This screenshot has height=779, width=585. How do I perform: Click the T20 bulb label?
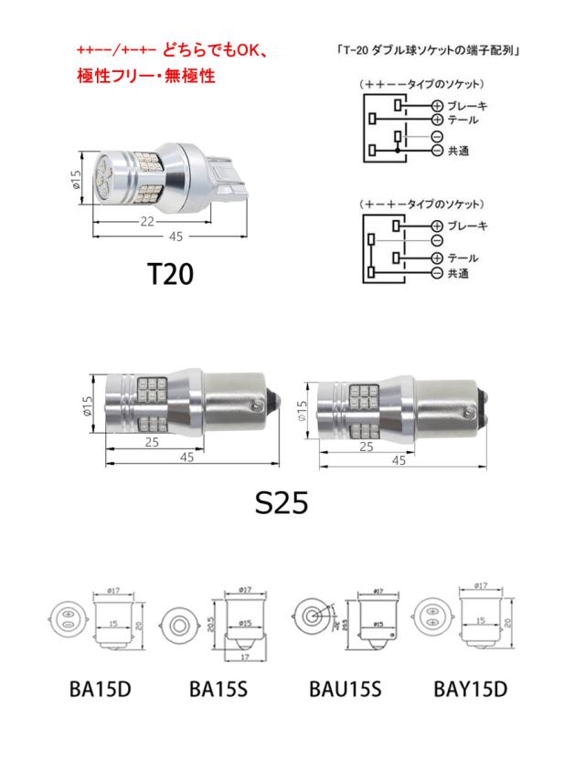tap(170, 275)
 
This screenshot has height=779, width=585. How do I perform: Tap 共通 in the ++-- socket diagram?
tap(458, 150)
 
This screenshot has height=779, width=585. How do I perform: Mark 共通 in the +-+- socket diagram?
tap(458, 272)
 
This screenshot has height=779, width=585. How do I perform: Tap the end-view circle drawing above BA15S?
tap(180, 625)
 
